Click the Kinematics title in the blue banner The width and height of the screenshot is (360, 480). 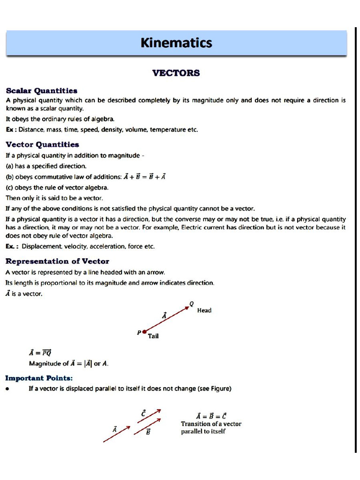point(176,43)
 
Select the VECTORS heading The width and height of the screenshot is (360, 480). point(176,73)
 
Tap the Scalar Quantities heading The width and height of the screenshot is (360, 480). point(41,90)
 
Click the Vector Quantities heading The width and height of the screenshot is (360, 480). point(42,144)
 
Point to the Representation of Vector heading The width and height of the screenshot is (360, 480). point(57,261)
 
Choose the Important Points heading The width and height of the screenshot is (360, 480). point(39,378)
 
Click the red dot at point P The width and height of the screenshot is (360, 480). point(144,332)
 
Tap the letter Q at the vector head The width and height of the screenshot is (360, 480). point(191,304)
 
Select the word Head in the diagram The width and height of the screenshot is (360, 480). point(204,310)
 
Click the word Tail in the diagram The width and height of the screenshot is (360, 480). point(153,336)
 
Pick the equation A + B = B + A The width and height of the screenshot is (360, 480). point(145,177)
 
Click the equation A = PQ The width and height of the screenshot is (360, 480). point(40,352)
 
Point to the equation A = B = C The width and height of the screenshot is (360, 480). point(211,416)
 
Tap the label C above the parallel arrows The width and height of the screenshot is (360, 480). point(143,413)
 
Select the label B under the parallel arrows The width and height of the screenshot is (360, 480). point(148,432)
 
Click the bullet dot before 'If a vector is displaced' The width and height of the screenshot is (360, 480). point(8,389)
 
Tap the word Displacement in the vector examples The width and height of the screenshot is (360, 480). point(42,246)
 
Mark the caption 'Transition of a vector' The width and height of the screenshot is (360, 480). point(211,424)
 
